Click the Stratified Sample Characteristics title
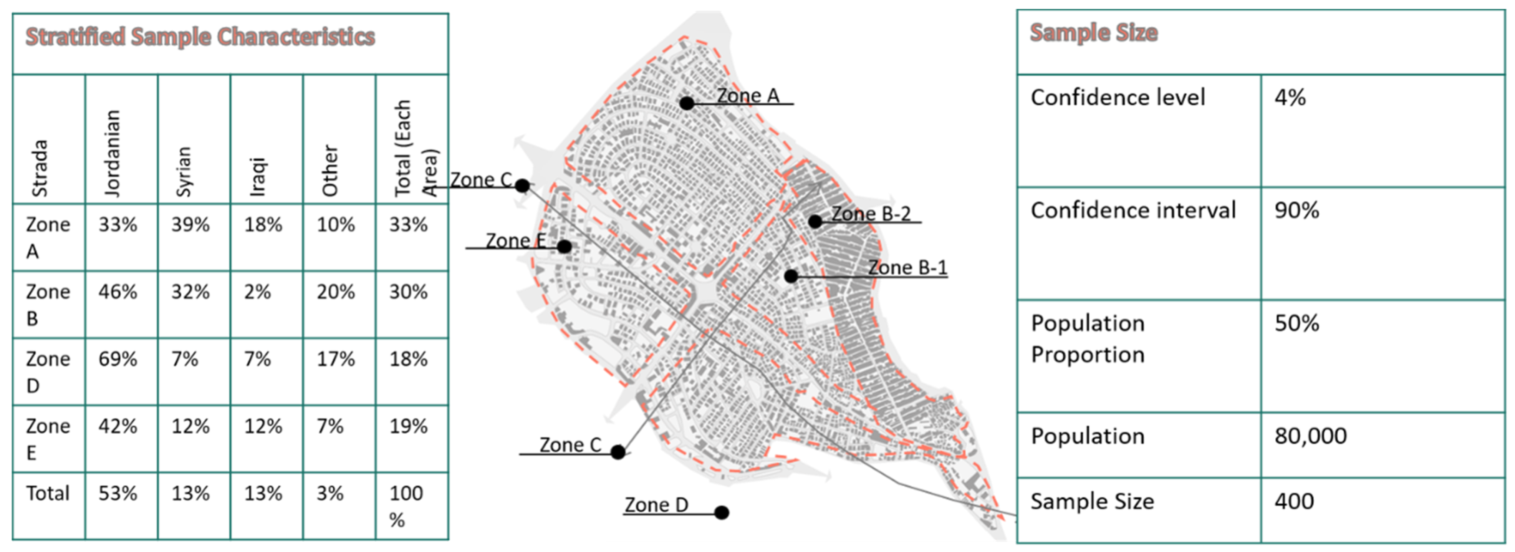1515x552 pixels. pyautogui.click(x=200, y=36)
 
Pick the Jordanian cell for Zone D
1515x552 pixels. pyautogui.click(x=118, y=359)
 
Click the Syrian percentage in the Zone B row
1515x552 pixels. pyautogui.click(x=190, y=292)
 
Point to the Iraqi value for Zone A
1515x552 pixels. pyautogui.click(x=263, y=225)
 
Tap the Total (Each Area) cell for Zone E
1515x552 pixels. pyautogui.click(x=408, y=426)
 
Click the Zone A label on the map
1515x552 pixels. pyautogui.click(x=748, y=95)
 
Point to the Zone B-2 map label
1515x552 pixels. pyautogui.click(x=871, y=214)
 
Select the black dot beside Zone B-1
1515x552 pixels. pyautogui.click(x=791, y=275)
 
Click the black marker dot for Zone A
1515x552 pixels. pyautogui.click(x=686, y=103)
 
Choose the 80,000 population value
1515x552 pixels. pyautogui.click(x=1310, y=436)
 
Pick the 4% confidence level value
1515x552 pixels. pyautogui.click(x=1290, y=98)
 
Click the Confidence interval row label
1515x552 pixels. pyautogui.click(x=1133, y=211)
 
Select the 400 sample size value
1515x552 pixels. pyautogui.click(x=1294, y=501)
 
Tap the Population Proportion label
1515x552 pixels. pyautogui.click(x=1088, y=339)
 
